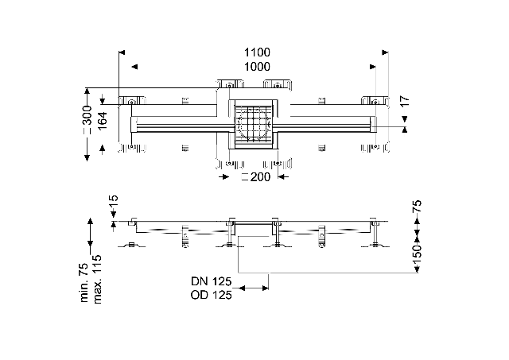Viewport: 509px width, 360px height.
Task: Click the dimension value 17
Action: coord(404,101)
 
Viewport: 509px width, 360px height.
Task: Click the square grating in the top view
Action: coord(253,124)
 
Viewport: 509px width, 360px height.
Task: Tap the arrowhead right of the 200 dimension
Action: coord(282,176)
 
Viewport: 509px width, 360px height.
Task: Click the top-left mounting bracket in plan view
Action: coord(130,101)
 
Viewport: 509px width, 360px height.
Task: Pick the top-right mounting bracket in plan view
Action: coord(375,101)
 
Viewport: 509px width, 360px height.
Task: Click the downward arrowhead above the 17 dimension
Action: coord(404,118)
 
